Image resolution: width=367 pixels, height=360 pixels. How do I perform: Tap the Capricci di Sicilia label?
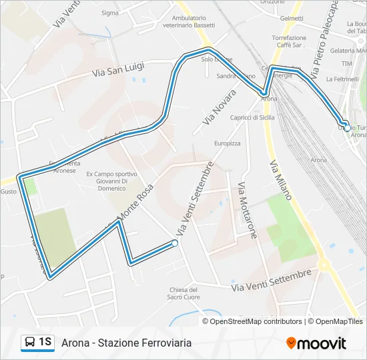coord(252,117)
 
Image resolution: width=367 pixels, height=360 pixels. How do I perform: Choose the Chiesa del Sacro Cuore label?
coord(184,293)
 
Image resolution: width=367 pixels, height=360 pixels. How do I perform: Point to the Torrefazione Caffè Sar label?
coord(289,42)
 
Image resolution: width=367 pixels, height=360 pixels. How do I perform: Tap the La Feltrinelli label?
coord(346,79)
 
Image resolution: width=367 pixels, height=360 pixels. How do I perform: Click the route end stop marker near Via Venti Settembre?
coord(175,244)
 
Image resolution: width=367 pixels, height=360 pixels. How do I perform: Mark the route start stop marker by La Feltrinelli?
coord(347,127)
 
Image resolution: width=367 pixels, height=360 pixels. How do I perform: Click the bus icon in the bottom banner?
coord(30,343)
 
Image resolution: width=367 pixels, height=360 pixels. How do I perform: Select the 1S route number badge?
coord(45,343)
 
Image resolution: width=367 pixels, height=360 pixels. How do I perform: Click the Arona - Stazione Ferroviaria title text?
coord(126,343)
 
